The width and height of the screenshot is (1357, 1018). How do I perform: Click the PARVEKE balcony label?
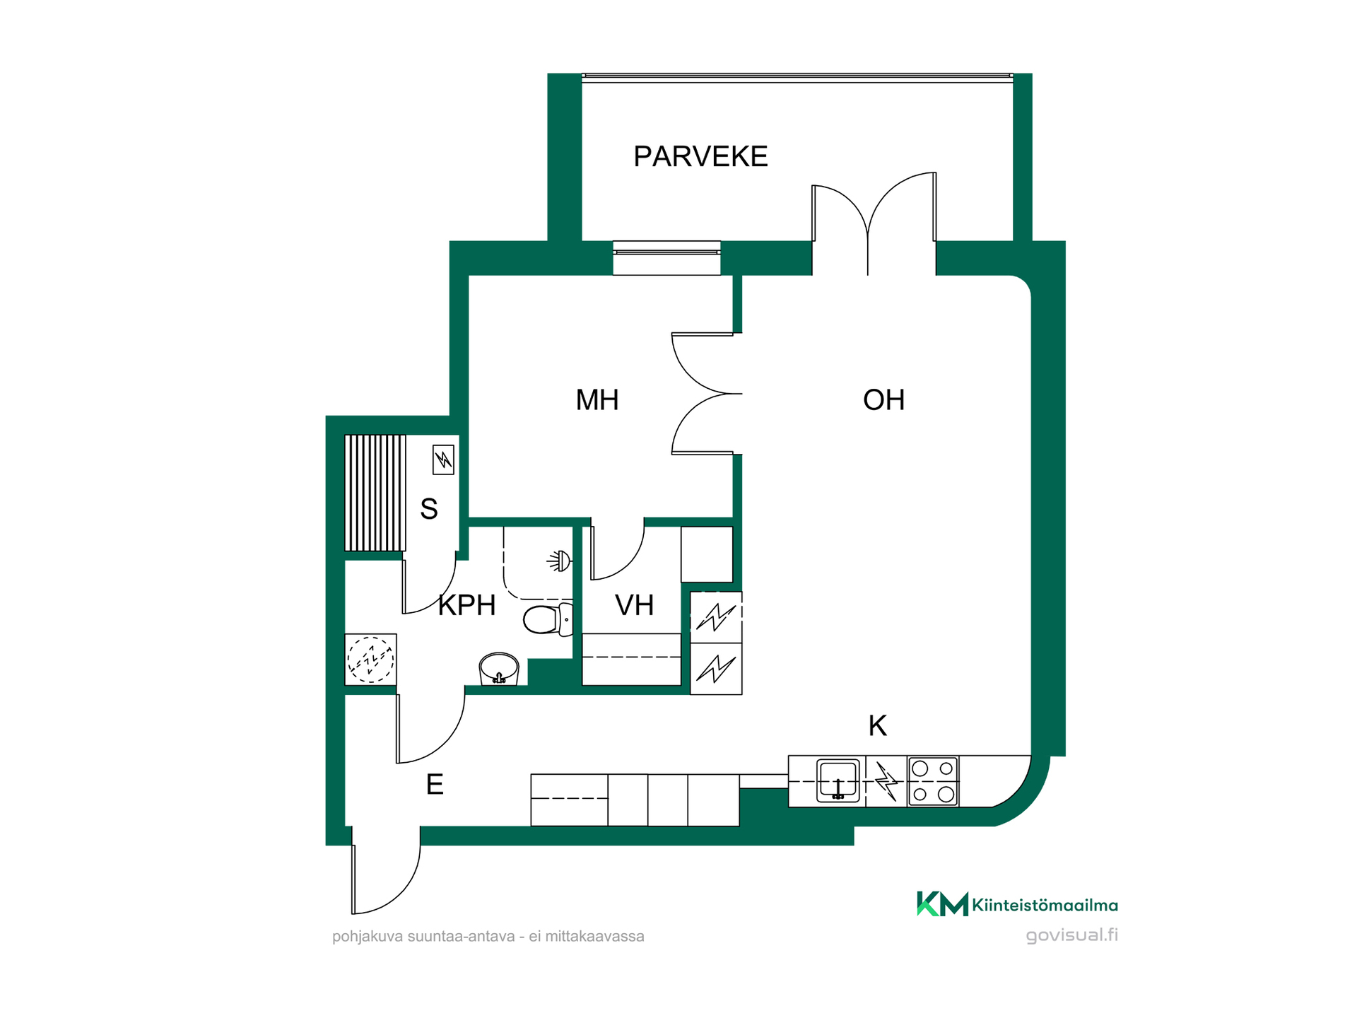(700, 156)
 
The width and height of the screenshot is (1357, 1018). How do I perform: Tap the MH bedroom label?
(597, 400)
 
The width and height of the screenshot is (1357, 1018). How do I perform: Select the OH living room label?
(883, 400)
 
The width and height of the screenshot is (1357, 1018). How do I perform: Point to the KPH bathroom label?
(466, 605)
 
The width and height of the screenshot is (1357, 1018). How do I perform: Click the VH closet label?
(634, 605)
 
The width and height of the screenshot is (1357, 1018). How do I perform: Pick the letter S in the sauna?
(429, 509)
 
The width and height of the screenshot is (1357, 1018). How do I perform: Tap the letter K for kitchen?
(877, 725)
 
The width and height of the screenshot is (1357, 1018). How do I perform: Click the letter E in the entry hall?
(435, 785)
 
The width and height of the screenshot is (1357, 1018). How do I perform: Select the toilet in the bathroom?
(548, 619)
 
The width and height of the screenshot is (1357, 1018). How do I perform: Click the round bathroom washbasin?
(499, 669)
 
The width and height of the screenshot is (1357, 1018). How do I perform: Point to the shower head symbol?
(559, 561)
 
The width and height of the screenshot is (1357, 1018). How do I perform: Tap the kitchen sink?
(838, 780)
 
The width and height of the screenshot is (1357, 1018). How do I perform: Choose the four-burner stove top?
(933, 781)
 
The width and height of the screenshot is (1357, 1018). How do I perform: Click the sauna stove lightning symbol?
(443, 460)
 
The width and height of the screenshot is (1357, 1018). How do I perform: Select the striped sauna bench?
(375, 493)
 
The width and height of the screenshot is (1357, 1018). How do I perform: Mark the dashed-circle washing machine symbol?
(370, 660)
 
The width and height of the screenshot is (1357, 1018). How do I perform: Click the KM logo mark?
(942, 904)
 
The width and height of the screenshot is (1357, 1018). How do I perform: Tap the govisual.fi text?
(1071, 935)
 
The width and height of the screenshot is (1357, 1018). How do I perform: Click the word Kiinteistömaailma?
(1045, 905)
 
